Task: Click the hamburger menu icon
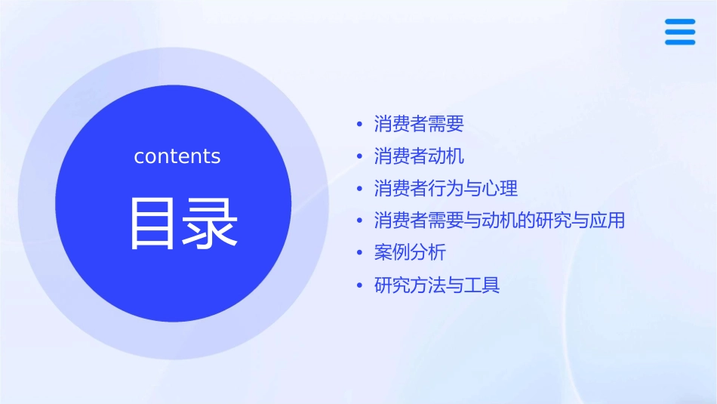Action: tap(679, 32)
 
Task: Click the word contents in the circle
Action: tap(177, 156)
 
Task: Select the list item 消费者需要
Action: tap(419, 124)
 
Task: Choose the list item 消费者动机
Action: tap(419, 156)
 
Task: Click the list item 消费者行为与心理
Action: tap(445, 188)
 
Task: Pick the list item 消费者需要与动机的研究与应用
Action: tap(499, 221)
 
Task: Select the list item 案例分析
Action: tap(410, 252)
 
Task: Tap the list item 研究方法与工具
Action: tap(437, 285)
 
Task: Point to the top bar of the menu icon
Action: tap(679, 22)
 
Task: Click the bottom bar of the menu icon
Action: tap(679, 42)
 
